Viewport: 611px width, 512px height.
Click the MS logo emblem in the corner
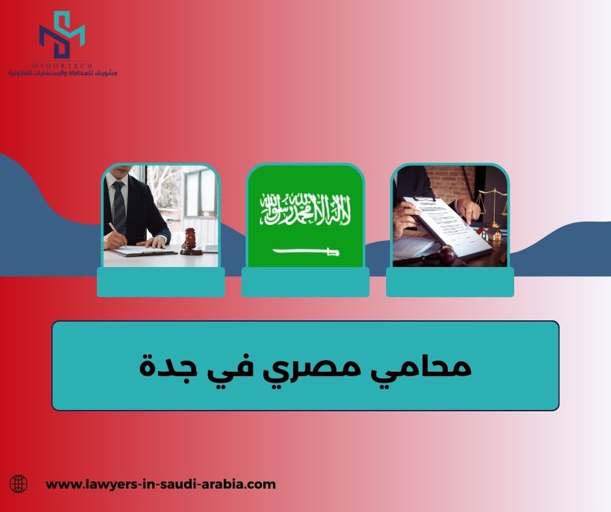[62, 35]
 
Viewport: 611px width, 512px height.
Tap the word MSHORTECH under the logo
[62, 65]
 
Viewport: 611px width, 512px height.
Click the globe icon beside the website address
[19, 483]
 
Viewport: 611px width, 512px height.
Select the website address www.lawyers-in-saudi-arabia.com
[161, 484]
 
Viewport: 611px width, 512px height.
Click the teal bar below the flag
[305, 283]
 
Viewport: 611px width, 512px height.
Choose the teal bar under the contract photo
[450, 283]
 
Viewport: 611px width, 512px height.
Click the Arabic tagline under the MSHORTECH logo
[62, 73]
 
